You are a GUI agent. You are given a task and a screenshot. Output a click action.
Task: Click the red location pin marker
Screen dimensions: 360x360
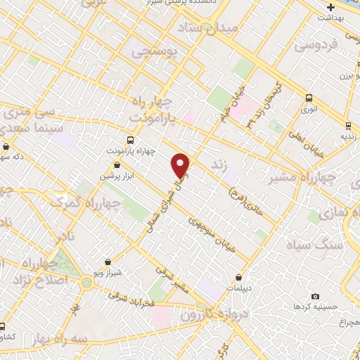pos(181,165)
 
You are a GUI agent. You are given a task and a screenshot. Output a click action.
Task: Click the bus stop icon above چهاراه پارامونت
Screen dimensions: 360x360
pos(129,139)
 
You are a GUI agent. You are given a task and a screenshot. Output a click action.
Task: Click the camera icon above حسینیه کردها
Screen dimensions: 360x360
pos(314,296)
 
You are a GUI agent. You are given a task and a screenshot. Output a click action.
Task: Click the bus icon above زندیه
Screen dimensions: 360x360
pos(348,126)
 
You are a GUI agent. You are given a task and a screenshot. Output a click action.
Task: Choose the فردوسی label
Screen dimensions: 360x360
pos(316,46)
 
